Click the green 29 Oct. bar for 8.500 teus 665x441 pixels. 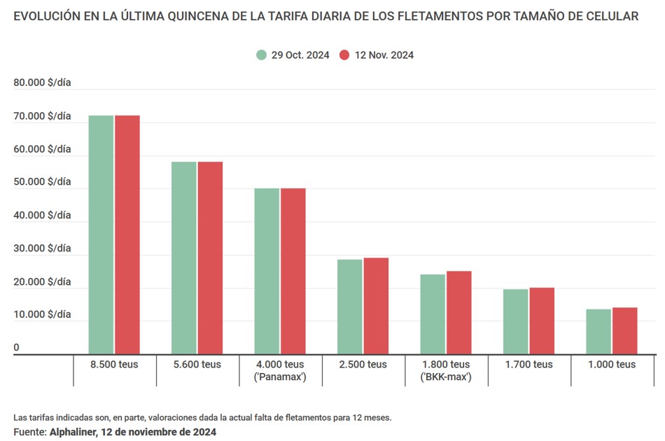tap(101, 234)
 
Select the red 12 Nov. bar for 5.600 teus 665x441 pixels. tap(210, 258)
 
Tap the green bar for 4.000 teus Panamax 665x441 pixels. tap(267, 271)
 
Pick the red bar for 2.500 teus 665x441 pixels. tap(376, 306)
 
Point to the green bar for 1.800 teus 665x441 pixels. tap(433, 314)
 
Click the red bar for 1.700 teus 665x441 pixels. tap(542, 321)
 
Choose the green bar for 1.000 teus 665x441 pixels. tap(598, 331)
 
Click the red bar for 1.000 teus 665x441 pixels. tap(624, 330)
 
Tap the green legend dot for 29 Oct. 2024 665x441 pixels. tap(261, 55)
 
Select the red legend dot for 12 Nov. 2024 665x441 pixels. tap(344, 55)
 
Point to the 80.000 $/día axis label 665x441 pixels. tap(42, 83)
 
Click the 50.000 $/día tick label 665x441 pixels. tap(42, 182)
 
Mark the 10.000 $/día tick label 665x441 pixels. tap(42, 315)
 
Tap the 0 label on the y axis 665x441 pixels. tap(17, 348)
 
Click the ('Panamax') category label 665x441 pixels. tap(280, 377)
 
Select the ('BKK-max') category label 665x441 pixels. tap(445, 377)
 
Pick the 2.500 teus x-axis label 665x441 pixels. tap(363, 365)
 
